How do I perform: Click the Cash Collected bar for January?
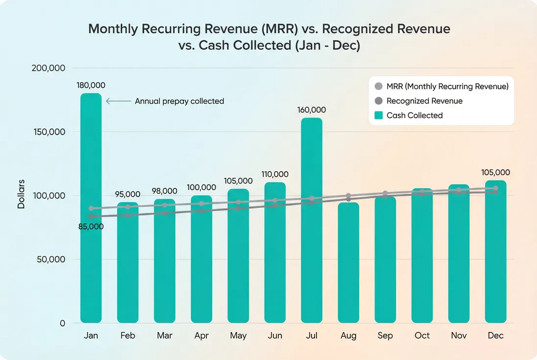(x=91, y=208)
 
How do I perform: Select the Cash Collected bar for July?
(x=312, y=220)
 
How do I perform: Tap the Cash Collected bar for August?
(x=348, y=263)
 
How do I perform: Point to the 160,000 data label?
(x=312, y=110)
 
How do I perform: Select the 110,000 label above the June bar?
(x=275, y=174)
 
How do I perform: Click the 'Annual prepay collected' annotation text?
(x=179, y=101)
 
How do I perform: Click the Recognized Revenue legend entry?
(x=424, y=101)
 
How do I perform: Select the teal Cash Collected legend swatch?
(x=378, y=116)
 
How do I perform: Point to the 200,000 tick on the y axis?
(x=49, y=68)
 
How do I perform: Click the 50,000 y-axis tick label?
(x=51, y=260)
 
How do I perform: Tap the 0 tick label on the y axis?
(x=62, y=323)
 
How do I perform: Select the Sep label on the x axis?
(x=385, y=336)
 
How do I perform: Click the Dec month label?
(x=495, y=336)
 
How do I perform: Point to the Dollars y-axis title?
(x=21, y=195)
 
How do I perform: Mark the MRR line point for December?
(x=495, y=188)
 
